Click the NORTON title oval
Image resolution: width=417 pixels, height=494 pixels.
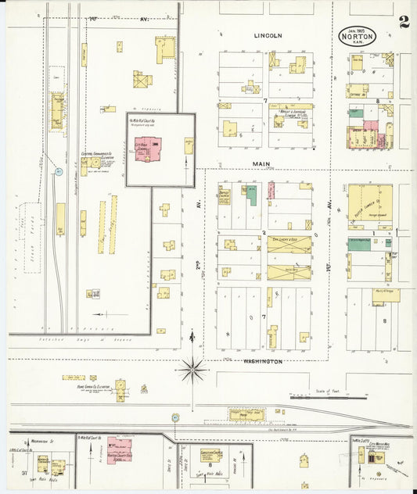click(358, 35)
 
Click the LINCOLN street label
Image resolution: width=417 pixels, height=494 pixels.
click(268, 36)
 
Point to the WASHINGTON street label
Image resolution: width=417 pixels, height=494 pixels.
click(262, 362)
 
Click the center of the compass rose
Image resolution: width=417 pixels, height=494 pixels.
click(192, 368)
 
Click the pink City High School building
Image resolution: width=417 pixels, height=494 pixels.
click(147, 149)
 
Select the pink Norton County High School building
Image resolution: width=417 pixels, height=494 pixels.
click(120, 450)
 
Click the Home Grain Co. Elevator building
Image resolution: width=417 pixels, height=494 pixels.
click(120, 388)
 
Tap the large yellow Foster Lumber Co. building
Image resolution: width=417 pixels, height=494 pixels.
click(370, 206)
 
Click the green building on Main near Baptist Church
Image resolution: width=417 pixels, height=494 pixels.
click(250, 195)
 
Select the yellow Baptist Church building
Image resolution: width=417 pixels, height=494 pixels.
click(225, 195)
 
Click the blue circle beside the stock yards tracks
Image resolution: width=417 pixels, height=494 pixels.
click(58, 171)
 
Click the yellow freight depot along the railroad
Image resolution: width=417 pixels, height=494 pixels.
click(246, 414)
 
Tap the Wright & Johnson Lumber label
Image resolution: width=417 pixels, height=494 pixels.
click(291, 119)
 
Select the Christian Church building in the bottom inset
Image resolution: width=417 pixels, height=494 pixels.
click(207, 458)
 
